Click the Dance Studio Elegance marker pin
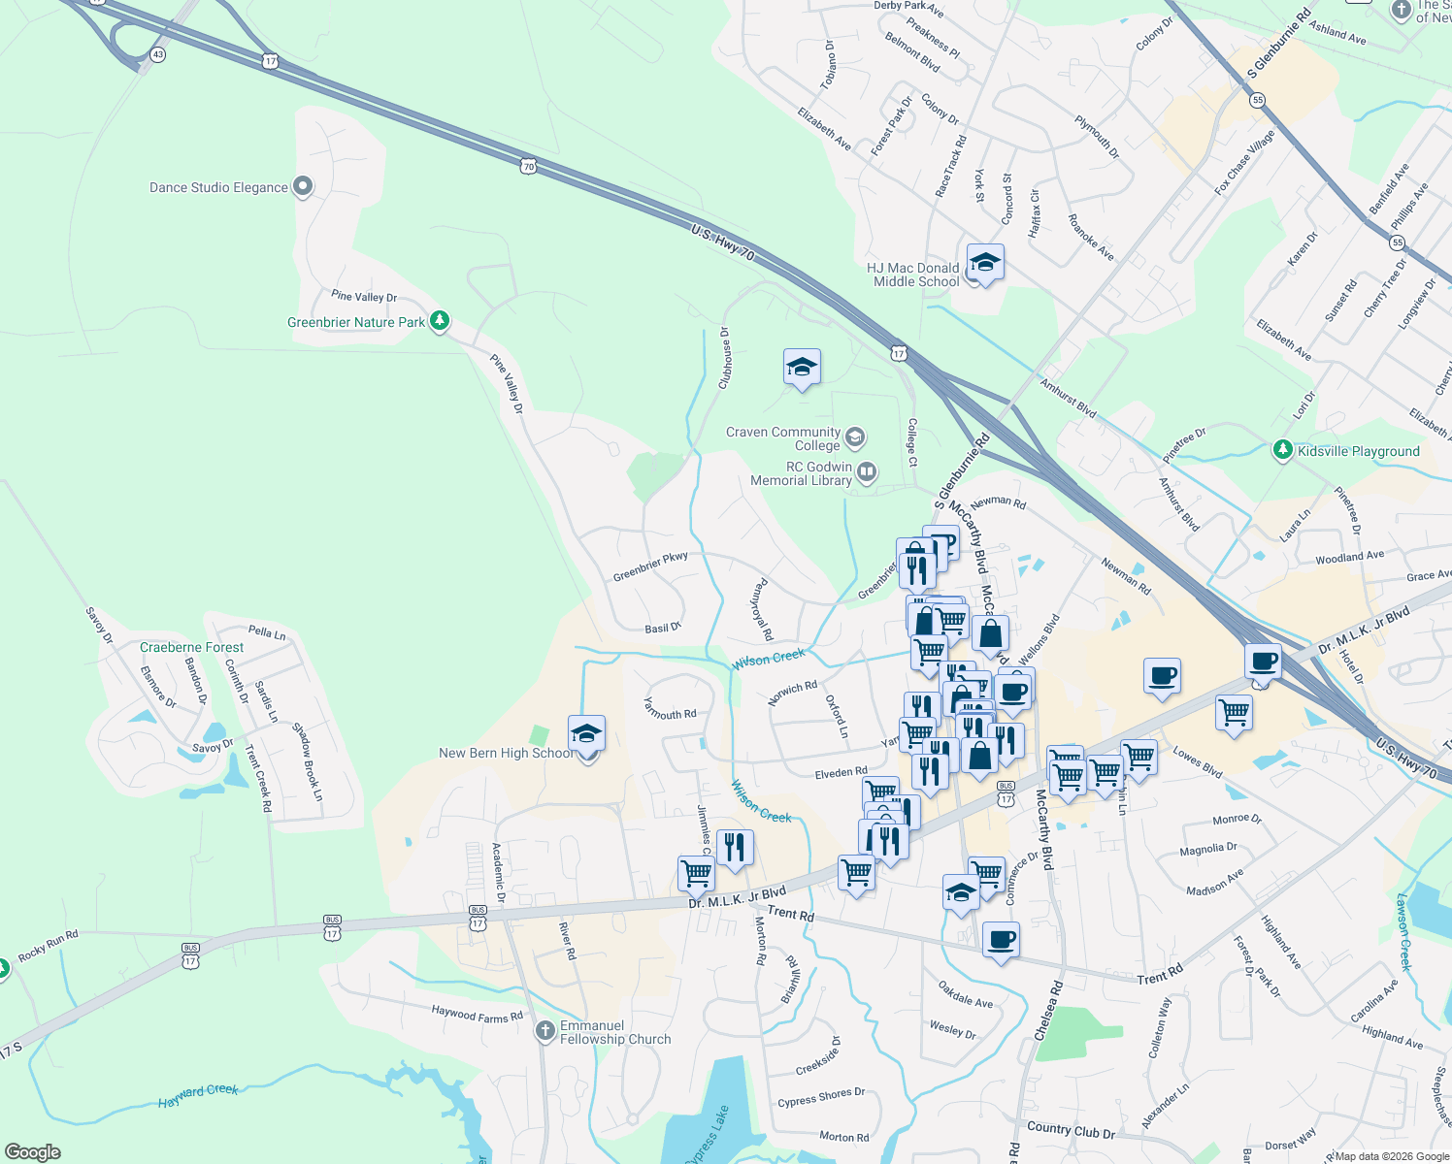[303, 186]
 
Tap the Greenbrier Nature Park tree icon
[440, 321]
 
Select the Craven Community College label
[783, 438]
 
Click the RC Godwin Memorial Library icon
[867, 472]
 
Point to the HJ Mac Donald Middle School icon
[985, 263]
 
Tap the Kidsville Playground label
[1358, 451]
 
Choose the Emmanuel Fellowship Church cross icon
[545, 1030]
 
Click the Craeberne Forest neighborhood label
[192, 647]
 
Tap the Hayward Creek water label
[198, 1096]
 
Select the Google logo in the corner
[32, 1152]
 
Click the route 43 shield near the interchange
[157, 55]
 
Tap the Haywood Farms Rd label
[477, 1014]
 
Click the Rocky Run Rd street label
[48, 945]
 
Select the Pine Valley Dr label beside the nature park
[364, 297]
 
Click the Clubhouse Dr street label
[724, 358]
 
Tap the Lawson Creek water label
[1403, 931]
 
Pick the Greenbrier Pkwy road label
[650, 566]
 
